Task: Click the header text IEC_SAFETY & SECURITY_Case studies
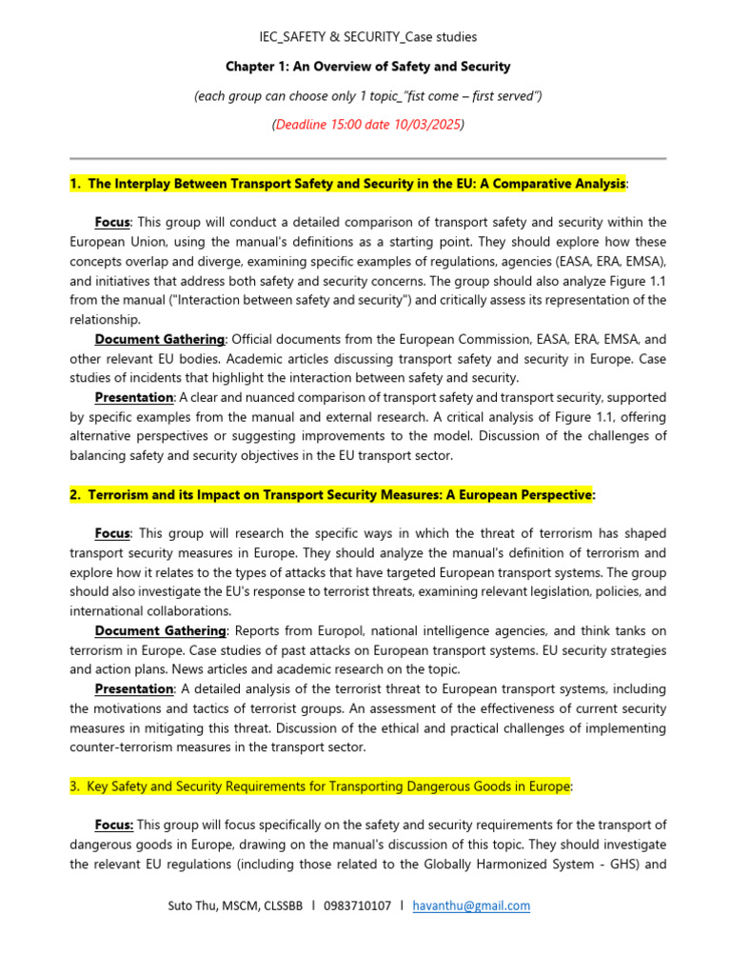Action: pos(368,37)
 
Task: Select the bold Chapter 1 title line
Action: pos(367,67)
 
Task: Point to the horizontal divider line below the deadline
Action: pos(367,158)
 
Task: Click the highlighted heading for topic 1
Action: pos(347,183)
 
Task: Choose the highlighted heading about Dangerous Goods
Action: pos(319,786)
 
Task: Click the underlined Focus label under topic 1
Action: pos(112,222)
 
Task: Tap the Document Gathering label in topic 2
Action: pos(160,630)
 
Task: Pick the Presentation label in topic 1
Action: pos(134,397)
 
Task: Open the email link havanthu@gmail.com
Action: pos(471,905)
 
